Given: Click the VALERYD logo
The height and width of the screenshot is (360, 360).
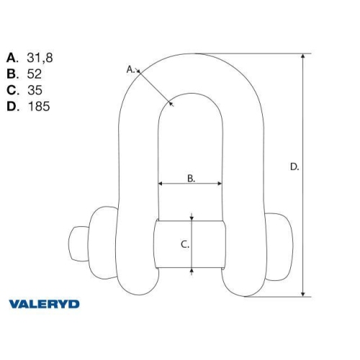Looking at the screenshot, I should click(x=44, y=304).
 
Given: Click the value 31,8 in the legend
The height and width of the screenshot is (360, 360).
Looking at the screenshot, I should click(x=39, y=57).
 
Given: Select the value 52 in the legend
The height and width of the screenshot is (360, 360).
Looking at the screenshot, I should click(x=34, y=73).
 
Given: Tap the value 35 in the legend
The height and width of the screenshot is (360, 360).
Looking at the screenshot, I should click(x=34, y=90).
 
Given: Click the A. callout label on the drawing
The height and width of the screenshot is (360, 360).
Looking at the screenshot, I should click(x=131, y=69).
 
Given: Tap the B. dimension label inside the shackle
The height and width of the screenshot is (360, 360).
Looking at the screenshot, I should click(x=192, y=178).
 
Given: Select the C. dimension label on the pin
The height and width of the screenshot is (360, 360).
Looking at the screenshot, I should click(x=184, y=244).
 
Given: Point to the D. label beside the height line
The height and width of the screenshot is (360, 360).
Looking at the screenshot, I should click(x=294, y=166).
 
